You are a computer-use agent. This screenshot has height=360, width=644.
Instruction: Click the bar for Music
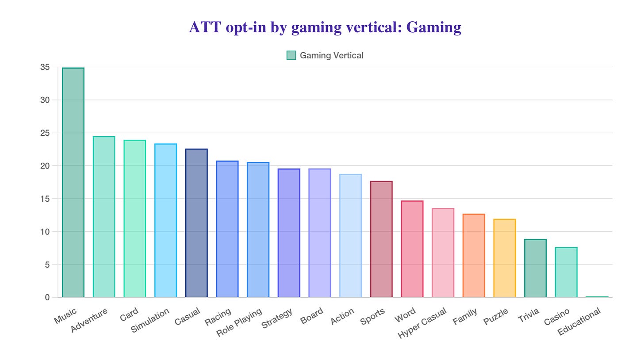pyautogui.click(x=73, y=182)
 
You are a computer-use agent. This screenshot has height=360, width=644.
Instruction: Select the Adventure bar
pyautogui.click(x=104, y=217)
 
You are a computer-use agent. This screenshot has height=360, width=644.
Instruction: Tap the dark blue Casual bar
pyautogui.click(x=196, y=223)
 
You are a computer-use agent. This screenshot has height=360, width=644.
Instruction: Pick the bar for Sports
pyautogui.click(x=381, y=239)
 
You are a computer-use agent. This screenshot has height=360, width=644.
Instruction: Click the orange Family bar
pyautogui.click(x=474, y=256)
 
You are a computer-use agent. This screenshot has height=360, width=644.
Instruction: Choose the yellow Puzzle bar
pyautogui.click(x=505, y=258)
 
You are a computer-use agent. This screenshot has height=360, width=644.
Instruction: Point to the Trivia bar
pyautogui.click(x=535, y=268)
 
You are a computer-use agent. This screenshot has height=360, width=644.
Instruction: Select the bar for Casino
pyautogui.click(x=566, y=272)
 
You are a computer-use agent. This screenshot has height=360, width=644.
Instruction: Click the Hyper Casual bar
pyautogui.click(x=443, y=253)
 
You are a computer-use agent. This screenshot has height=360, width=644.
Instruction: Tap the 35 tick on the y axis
pyautogui.click(x=45, y=67)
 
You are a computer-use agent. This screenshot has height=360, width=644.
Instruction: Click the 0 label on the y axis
pyautogui.click(x=47, y=297)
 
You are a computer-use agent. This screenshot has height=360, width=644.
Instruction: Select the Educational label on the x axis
pyautogui.click(x=579, y=322)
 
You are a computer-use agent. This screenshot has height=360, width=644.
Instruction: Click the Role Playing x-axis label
pyautogui.click(x=239, y=322)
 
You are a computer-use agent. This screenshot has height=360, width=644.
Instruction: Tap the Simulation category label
pyautogui.click(x=150, y=320)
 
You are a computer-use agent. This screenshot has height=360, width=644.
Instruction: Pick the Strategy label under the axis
pyautogui.click(x=277, y=318)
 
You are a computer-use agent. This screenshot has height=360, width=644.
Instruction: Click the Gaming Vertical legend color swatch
pyautogui.click(x=291, y=55)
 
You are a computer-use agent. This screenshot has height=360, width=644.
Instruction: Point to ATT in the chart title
pyautogui.click(x=205, y=27)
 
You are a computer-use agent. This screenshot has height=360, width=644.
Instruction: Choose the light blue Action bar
pyautogui.click(x=350, y=236)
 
